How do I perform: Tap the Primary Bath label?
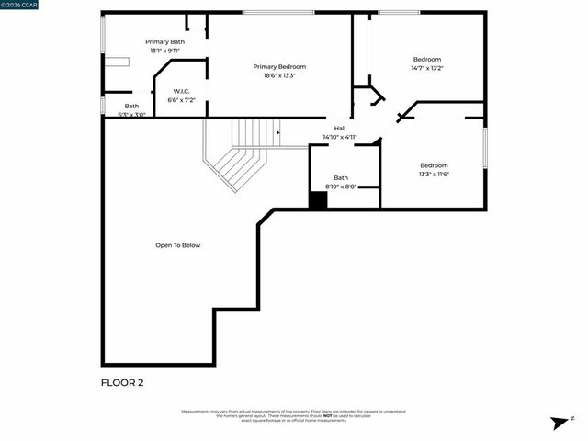(164, 41)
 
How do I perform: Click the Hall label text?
(340, 128)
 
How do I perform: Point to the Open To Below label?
(177, 245)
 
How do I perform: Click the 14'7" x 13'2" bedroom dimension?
(426, 68)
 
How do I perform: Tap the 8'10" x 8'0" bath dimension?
(341, 187)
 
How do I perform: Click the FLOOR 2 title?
(121, 381)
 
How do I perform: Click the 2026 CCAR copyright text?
(19, 5)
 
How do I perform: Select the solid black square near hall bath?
(318, 199)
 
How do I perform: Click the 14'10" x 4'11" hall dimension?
(339, 137)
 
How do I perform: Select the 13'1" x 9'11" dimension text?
(164, 51)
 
